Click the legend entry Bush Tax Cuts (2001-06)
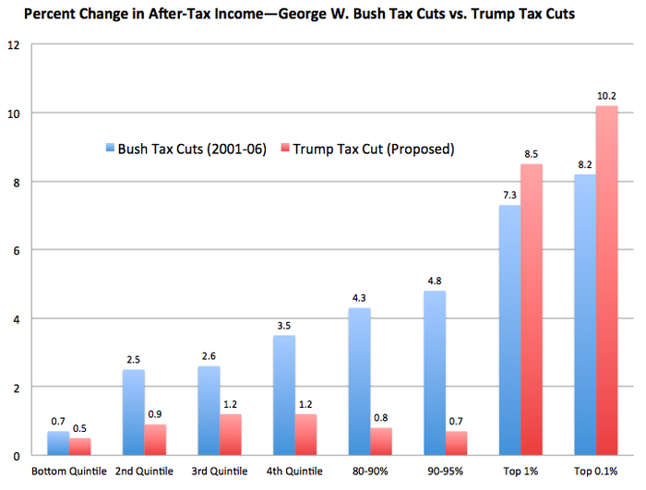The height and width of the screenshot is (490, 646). click(x=185, y=149)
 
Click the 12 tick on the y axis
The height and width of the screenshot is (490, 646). click(x=14, y=44)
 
